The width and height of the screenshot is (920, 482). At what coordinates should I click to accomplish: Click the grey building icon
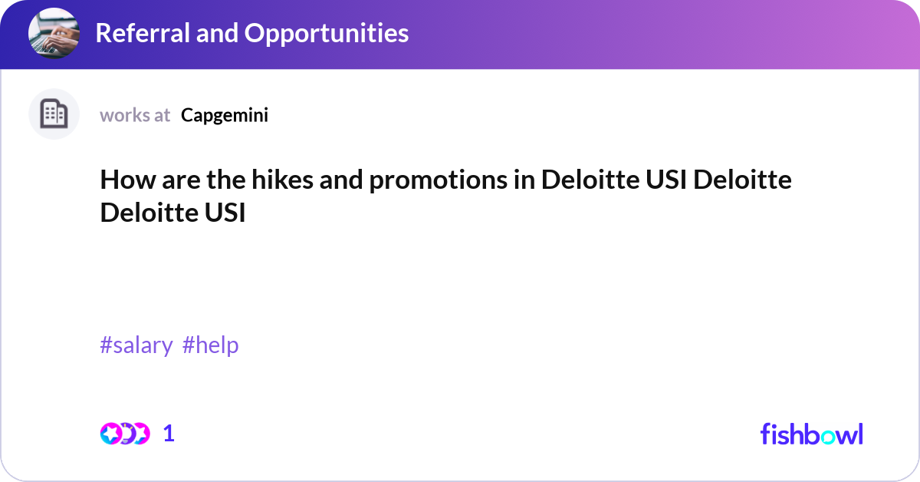54,114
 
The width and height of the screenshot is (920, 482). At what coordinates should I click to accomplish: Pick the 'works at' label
135,115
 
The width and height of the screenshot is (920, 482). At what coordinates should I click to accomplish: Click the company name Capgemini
225,115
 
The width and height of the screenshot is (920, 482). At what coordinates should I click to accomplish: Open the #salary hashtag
136,345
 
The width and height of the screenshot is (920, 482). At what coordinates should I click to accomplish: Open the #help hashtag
211,345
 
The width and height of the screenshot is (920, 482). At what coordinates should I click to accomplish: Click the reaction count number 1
169,434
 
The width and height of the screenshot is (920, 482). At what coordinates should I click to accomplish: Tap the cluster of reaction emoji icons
124,434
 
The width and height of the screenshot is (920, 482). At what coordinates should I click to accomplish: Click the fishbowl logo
811,434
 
